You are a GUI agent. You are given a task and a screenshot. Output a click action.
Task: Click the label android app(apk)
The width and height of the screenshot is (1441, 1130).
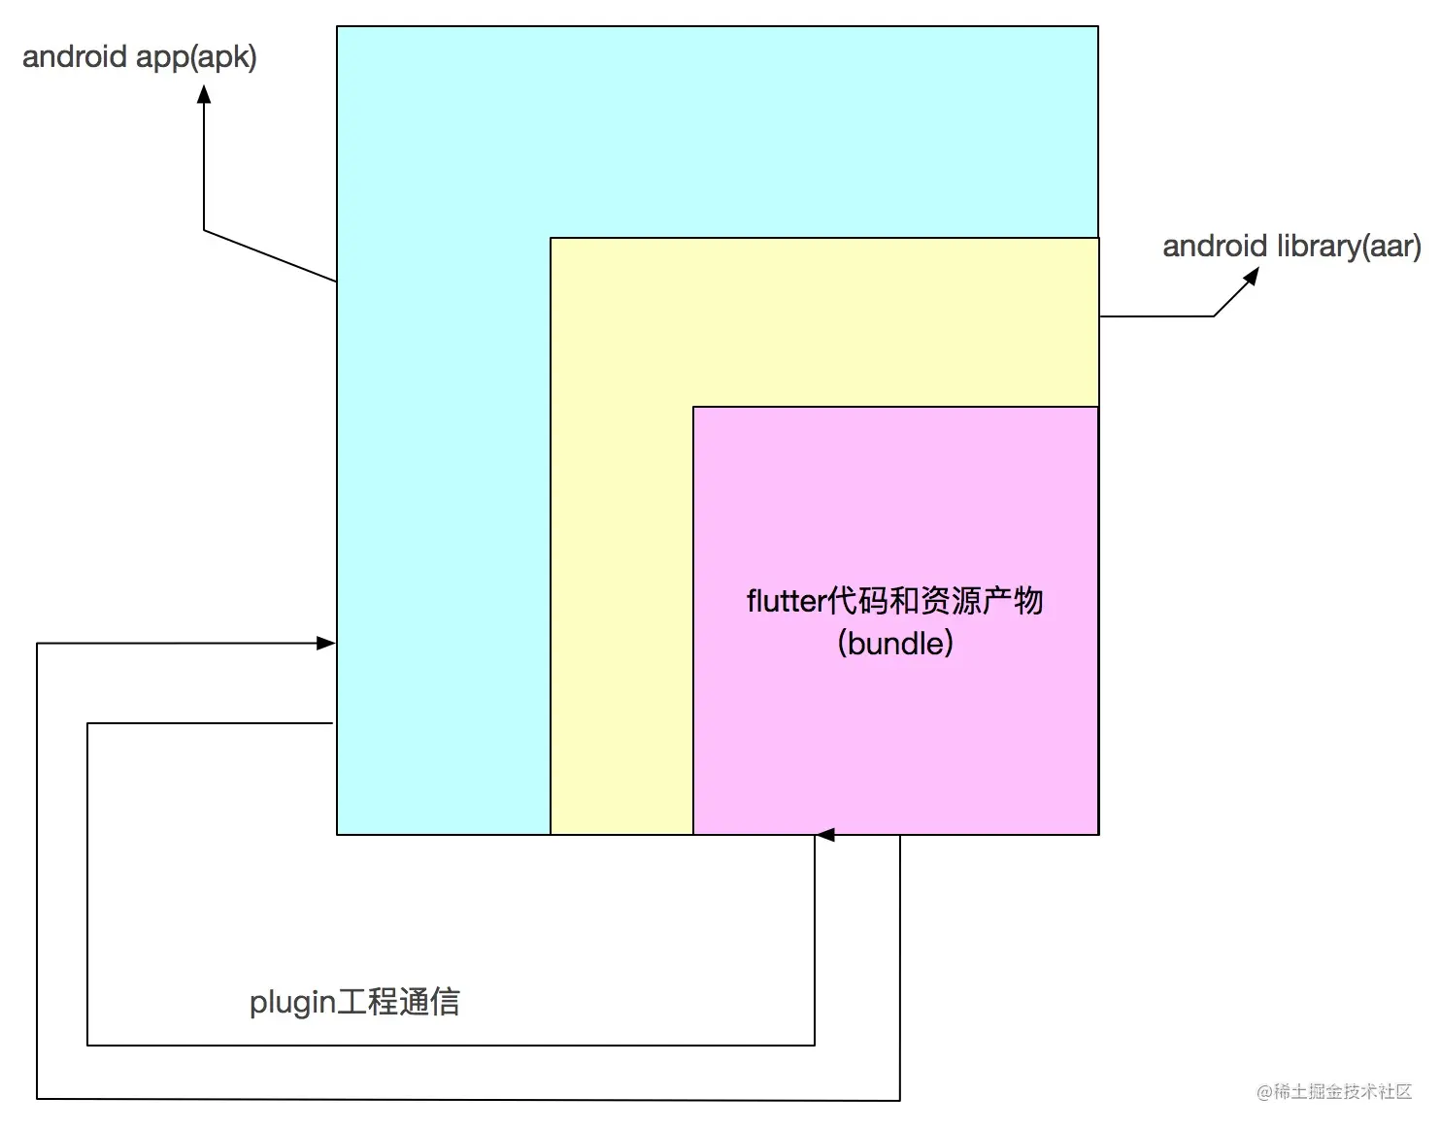[x=140, y=56]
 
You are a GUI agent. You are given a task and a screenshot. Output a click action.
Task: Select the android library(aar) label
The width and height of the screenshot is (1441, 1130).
[x=1291, y=246]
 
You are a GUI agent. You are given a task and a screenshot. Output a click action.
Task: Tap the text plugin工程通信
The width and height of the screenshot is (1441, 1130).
[x=354, y=1001]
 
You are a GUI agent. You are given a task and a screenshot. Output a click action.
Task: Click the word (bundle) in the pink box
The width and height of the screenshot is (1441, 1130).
[x=895, y=643]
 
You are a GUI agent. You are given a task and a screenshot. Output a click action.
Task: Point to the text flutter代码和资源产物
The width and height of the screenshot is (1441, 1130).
[x=895, y=601]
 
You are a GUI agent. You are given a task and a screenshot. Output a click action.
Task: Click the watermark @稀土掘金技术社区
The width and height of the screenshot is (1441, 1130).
[x=1334, y=1091]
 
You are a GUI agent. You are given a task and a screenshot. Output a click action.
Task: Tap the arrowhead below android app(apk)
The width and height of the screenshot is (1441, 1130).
[x=204, y=94]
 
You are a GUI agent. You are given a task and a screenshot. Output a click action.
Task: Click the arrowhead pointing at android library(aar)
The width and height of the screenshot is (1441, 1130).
[x=1251, y=276]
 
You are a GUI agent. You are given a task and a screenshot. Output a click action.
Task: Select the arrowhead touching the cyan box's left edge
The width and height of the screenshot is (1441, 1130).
[x=327, y=643]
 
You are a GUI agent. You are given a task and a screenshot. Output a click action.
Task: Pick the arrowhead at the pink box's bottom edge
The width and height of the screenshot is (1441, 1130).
[x=824, y=834]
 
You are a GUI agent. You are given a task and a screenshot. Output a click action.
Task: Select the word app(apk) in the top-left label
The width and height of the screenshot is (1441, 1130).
[x=196, y=56]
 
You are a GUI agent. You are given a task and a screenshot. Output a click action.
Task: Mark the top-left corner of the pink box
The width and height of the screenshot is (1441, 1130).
[x=693, y=407]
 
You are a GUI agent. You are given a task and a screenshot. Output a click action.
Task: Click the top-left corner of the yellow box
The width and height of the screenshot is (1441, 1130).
[x=551, y=238]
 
